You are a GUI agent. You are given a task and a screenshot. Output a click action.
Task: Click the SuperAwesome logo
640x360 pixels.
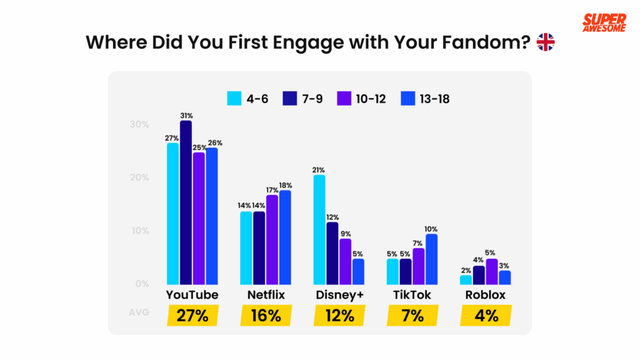[x=603, y=23]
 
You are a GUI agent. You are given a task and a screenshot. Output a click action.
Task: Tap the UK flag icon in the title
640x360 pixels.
[x=546, y=42]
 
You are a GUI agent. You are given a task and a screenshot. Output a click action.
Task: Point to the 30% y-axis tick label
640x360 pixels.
[x=139, y=124]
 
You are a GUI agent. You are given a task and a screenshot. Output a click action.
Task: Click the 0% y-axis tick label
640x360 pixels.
[x=142, y=284]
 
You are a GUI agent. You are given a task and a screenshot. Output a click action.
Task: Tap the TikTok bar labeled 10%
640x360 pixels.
[x=431, y=259]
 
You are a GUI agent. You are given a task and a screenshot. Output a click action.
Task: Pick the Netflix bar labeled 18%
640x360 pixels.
[x=285, y=237]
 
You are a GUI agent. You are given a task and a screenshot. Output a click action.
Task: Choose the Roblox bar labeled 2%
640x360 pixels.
[x=466, y=279]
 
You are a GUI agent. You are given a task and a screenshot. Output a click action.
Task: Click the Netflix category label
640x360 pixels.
[x=266, y=295]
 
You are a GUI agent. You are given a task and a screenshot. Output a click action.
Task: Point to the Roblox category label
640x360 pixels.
[x=485, y=295]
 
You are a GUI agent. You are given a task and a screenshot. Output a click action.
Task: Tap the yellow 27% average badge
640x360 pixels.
[x=192, y=316]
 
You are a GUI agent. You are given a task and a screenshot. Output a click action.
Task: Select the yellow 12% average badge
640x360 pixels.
[x=339, y=316]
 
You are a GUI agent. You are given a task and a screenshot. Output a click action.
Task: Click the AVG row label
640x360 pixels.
[x=139, y=312]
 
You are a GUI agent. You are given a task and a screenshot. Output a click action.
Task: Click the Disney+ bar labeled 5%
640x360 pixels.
[x=358, y=271]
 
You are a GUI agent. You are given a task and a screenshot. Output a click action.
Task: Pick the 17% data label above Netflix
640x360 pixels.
[x=272, y=190]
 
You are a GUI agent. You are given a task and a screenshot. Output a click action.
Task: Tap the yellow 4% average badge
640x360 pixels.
[x=486, y=316]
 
